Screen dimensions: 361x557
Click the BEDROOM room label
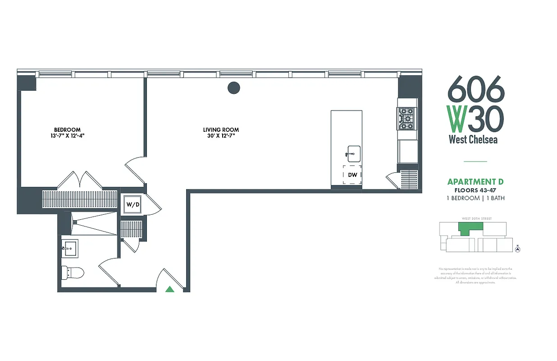click(67, 130)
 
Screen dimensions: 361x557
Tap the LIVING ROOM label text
click(221, 130)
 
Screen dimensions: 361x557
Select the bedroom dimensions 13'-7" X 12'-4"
click(67, 135)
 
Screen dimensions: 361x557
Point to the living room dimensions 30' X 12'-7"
click(221, 135)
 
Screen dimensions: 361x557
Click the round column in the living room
click(233, 88)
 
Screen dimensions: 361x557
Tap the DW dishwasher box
click(352, 175)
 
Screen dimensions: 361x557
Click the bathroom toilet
click(73, 273)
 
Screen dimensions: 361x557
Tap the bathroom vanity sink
click(70, 248)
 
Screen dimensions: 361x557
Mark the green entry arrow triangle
click(170, 289)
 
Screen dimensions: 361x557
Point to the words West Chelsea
click(473, 139)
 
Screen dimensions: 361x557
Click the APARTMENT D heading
click(475, 182)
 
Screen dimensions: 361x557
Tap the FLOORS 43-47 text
click(475, 190)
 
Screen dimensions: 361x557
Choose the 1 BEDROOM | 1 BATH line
click(475, 198)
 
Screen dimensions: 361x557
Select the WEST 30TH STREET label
click(476, 218)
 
